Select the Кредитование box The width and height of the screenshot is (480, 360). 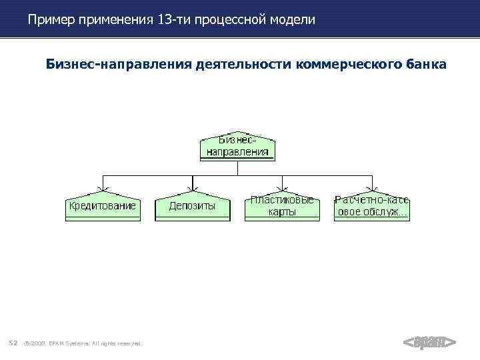[102, 207]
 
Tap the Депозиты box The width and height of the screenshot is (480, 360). [192, 207]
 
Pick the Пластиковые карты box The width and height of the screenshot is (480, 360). [282, 207]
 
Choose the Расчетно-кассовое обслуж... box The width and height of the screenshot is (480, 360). [372, 207]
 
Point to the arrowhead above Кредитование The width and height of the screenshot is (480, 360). [102, 189]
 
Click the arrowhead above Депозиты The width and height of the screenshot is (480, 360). [192, 189]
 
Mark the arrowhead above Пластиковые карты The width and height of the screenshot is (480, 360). [282, 189]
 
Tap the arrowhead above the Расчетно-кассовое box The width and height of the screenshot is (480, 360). [372, 189]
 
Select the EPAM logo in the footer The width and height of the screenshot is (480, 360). [429, 343]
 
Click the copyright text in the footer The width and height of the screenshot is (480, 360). [83, 343]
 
